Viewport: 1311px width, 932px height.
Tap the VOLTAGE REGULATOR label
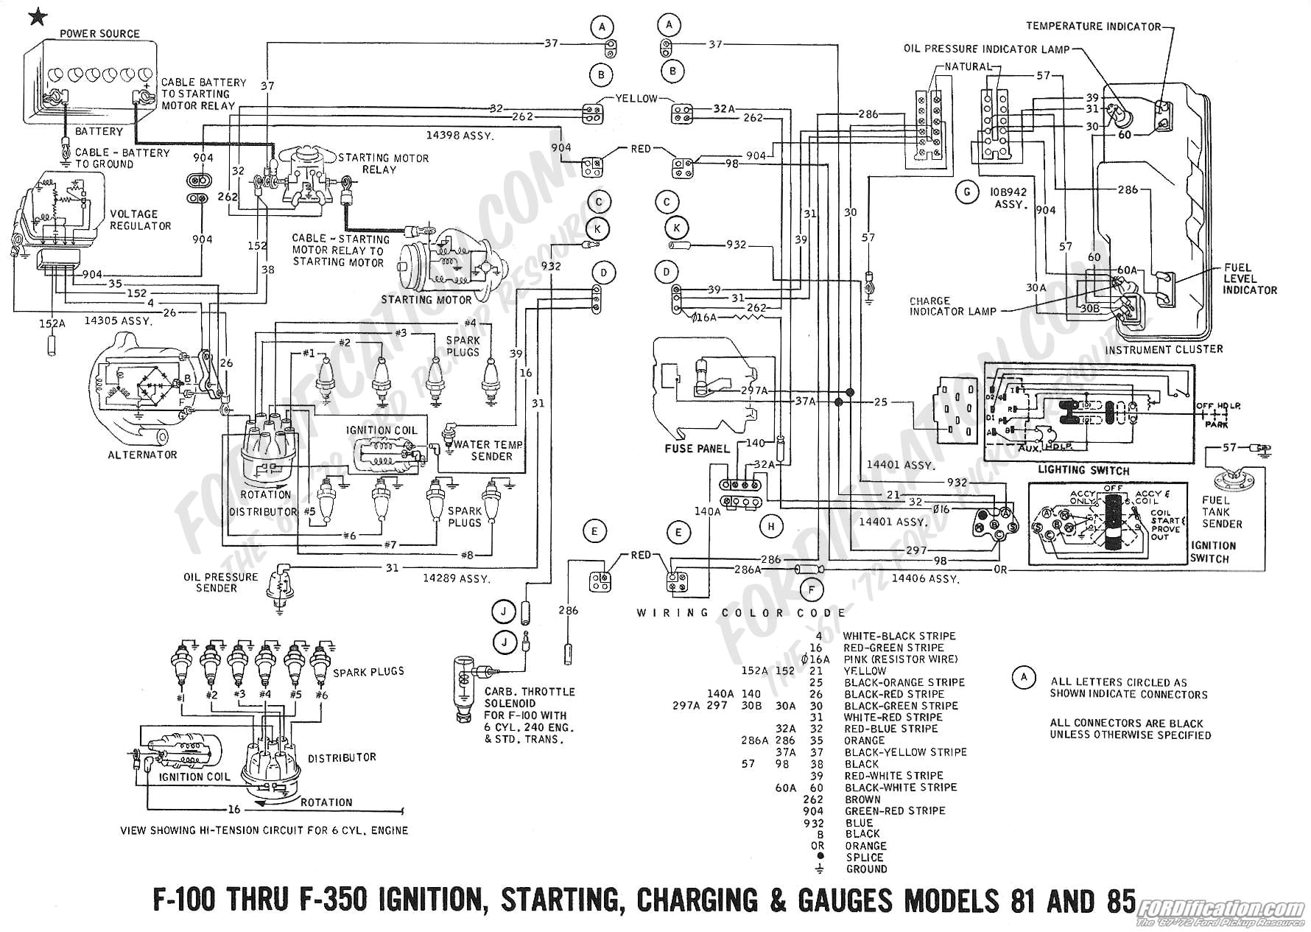[140, 220]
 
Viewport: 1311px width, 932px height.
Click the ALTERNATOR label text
[142, 455]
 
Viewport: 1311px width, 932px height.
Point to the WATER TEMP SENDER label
[488, 450]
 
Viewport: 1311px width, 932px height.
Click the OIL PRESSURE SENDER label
[221, 582]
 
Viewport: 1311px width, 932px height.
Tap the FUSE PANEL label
[697, 448]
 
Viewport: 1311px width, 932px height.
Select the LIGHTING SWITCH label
[1083, 470]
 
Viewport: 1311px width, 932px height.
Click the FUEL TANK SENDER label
[1222, 512]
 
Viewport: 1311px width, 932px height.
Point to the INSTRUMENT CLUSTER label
[1164, 349]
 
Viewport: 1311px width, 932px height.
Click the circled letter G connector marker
[966, 193]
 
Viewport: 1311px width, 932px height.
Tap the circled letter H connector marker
[771, 526]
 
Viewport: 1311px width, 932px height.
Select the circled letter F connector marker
[811, 589]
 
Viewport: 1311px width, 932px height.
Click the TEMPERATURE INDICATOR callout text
[1093, 27]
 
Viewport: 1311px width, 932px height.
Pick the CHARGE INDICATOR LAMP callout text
[952, 306]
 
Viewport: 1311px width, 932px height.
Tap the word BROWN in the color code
[862, 799]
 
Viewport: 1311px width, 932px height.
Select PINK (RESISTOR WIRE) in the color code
[901, 659]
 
